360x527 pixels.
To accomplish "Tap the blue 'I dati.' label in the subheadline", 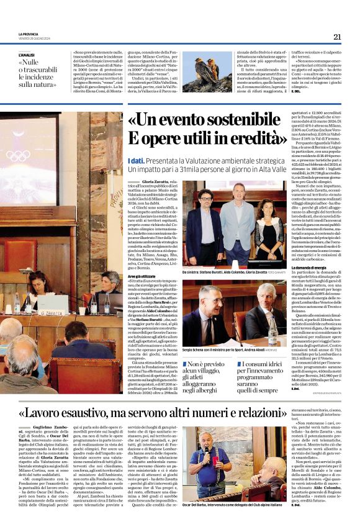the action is (136, 161).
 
